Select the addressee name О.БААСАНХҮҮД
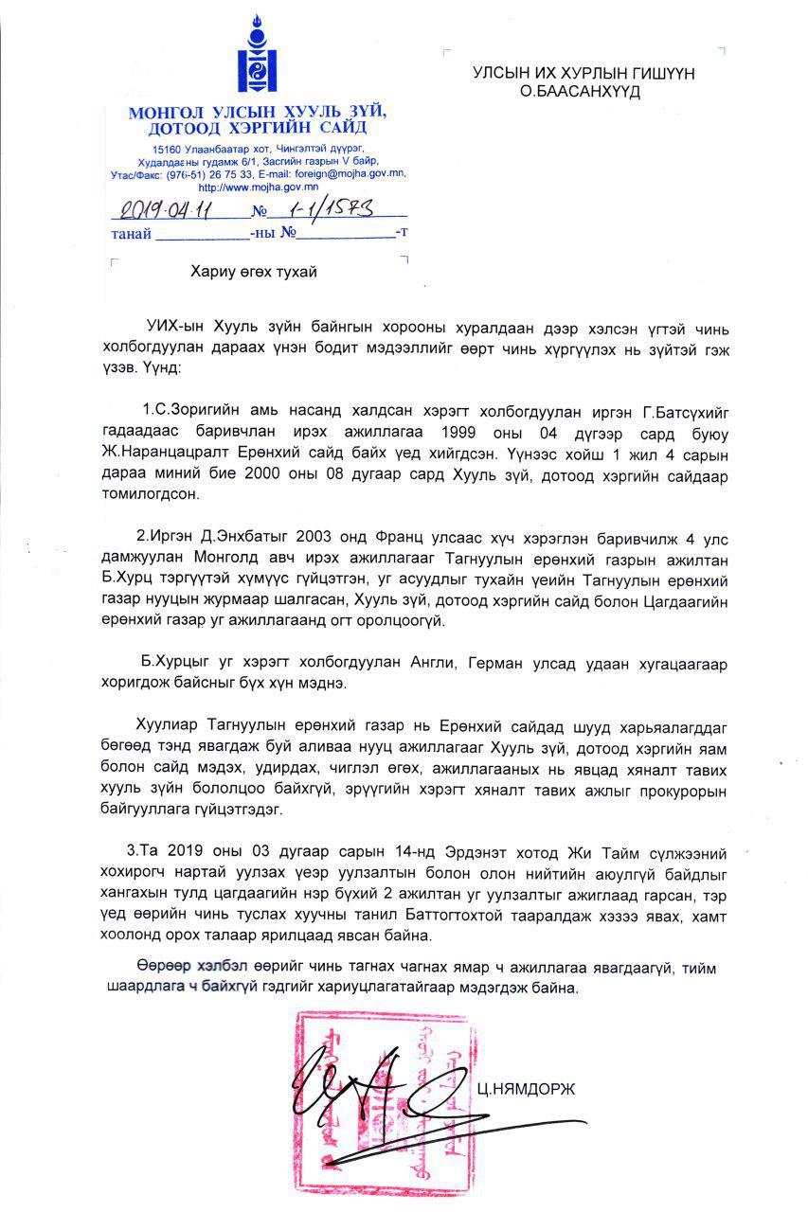[x=581, y=92]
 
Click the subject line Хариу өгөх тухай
[x=253, y=272]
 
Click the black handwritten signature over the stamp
[x=379, y=1098]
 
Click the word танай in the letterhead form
[x=131, y=234]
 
